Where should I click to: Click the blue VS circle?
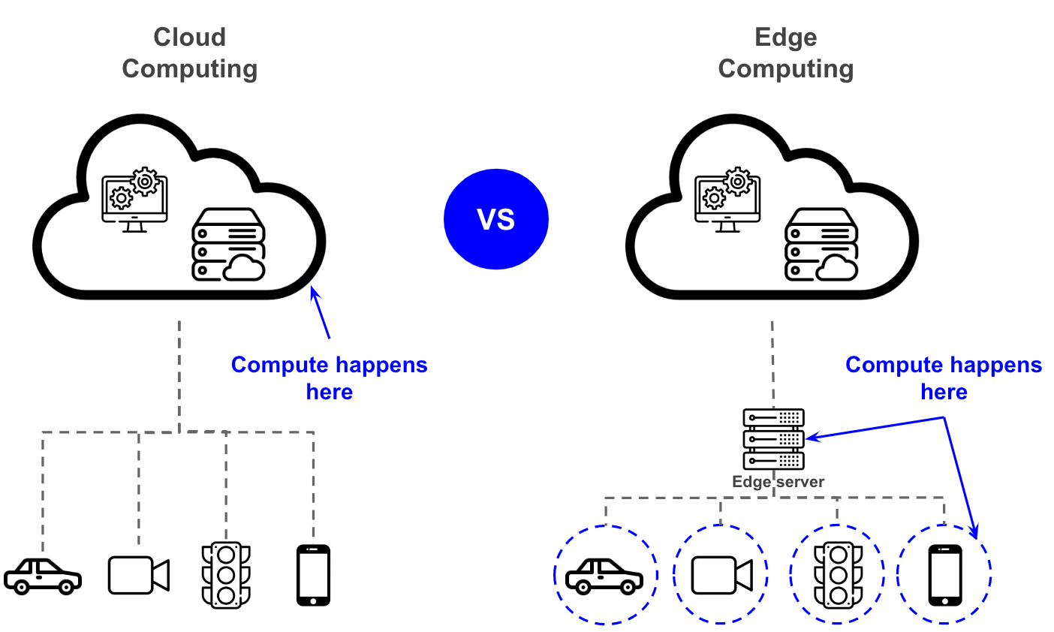(496, 219)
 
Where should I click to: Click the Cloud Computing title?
(190, 53)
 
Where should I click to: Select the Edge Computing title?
(785, 53)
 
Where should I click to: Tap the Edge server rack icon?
(773, 439)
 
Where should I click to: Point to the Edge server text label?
(778, 482)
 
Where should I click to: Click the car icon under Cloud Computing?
(43, 576)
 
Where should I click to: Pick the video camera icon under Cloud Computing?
(139, 575)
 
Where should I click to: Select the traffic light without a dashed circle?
(226, 575)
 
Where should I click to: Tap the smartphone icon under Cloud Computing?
(313, 575)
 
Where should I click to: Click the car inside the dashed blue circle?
(604, 576)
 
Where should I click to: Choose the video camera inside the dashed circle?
(721, 575)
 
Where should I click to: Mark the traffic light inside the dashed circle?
(838, 575)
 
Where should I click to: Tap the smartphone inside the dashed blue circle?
(945, 575)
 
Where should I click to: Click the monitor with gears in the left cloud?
(135, 200)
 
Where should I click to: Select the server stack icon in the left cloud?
(228, 245)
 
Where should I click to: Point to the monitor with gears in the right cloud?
(727, 200)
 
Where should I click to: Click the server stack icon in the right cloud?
(821, 245)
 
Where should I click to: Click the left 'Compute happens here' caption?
(329, 378)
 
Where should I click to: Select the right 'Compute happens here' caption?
(944, 378)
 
